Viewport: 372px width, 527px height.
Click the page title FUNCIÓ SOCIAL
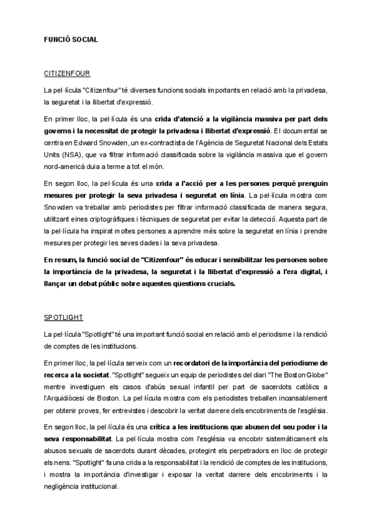[71, 39]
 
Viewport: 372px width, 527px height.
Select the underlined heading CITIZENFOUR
[68, 73]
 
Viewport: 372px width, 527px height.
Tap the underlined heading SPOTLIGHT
[63, 318]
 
